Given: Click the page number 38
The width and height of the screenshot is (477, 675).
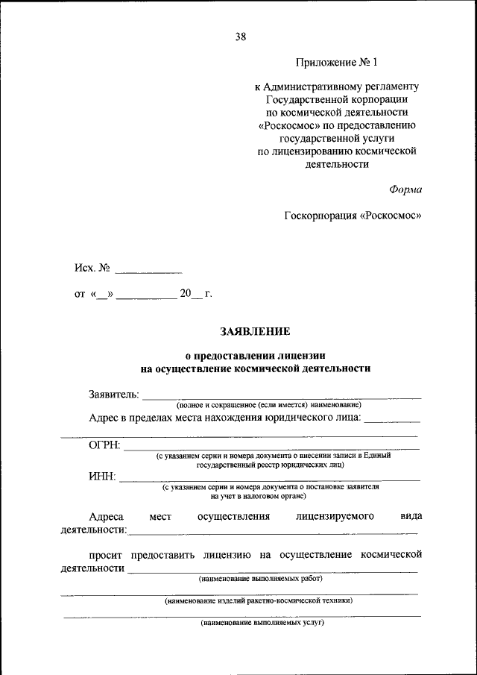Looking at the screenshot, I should [240, 36].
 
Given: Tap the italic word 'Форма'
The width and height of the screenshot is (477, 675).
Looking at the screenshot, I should [405, 189].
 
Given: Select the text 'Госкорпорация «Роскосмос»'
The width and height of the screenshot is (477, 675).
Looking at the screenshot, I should [353, 216].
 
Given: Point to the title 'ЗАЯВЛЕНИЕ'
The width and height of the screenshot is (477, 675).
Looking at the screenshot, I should [255, 330].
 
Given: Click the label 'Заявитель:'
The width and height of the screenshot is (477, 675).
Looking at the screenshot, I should [113, 394].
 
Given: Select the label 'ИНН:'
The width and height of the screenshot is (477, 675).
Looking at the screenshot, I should [102, 477].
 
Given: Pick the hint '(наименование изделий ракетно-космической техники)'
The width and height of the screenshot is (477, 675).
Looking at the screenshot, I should [259, 600].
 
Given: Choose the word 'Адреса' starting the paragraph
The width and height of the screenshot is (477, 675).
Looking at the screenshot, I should [106, 516].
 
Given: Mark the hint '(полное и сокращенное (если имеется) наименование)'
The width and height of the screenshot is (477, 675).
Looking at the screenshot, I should [269, 404].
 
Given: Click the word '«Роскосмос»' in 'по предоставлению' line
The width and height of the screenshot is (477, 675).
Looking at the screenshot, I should [291, 125].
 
